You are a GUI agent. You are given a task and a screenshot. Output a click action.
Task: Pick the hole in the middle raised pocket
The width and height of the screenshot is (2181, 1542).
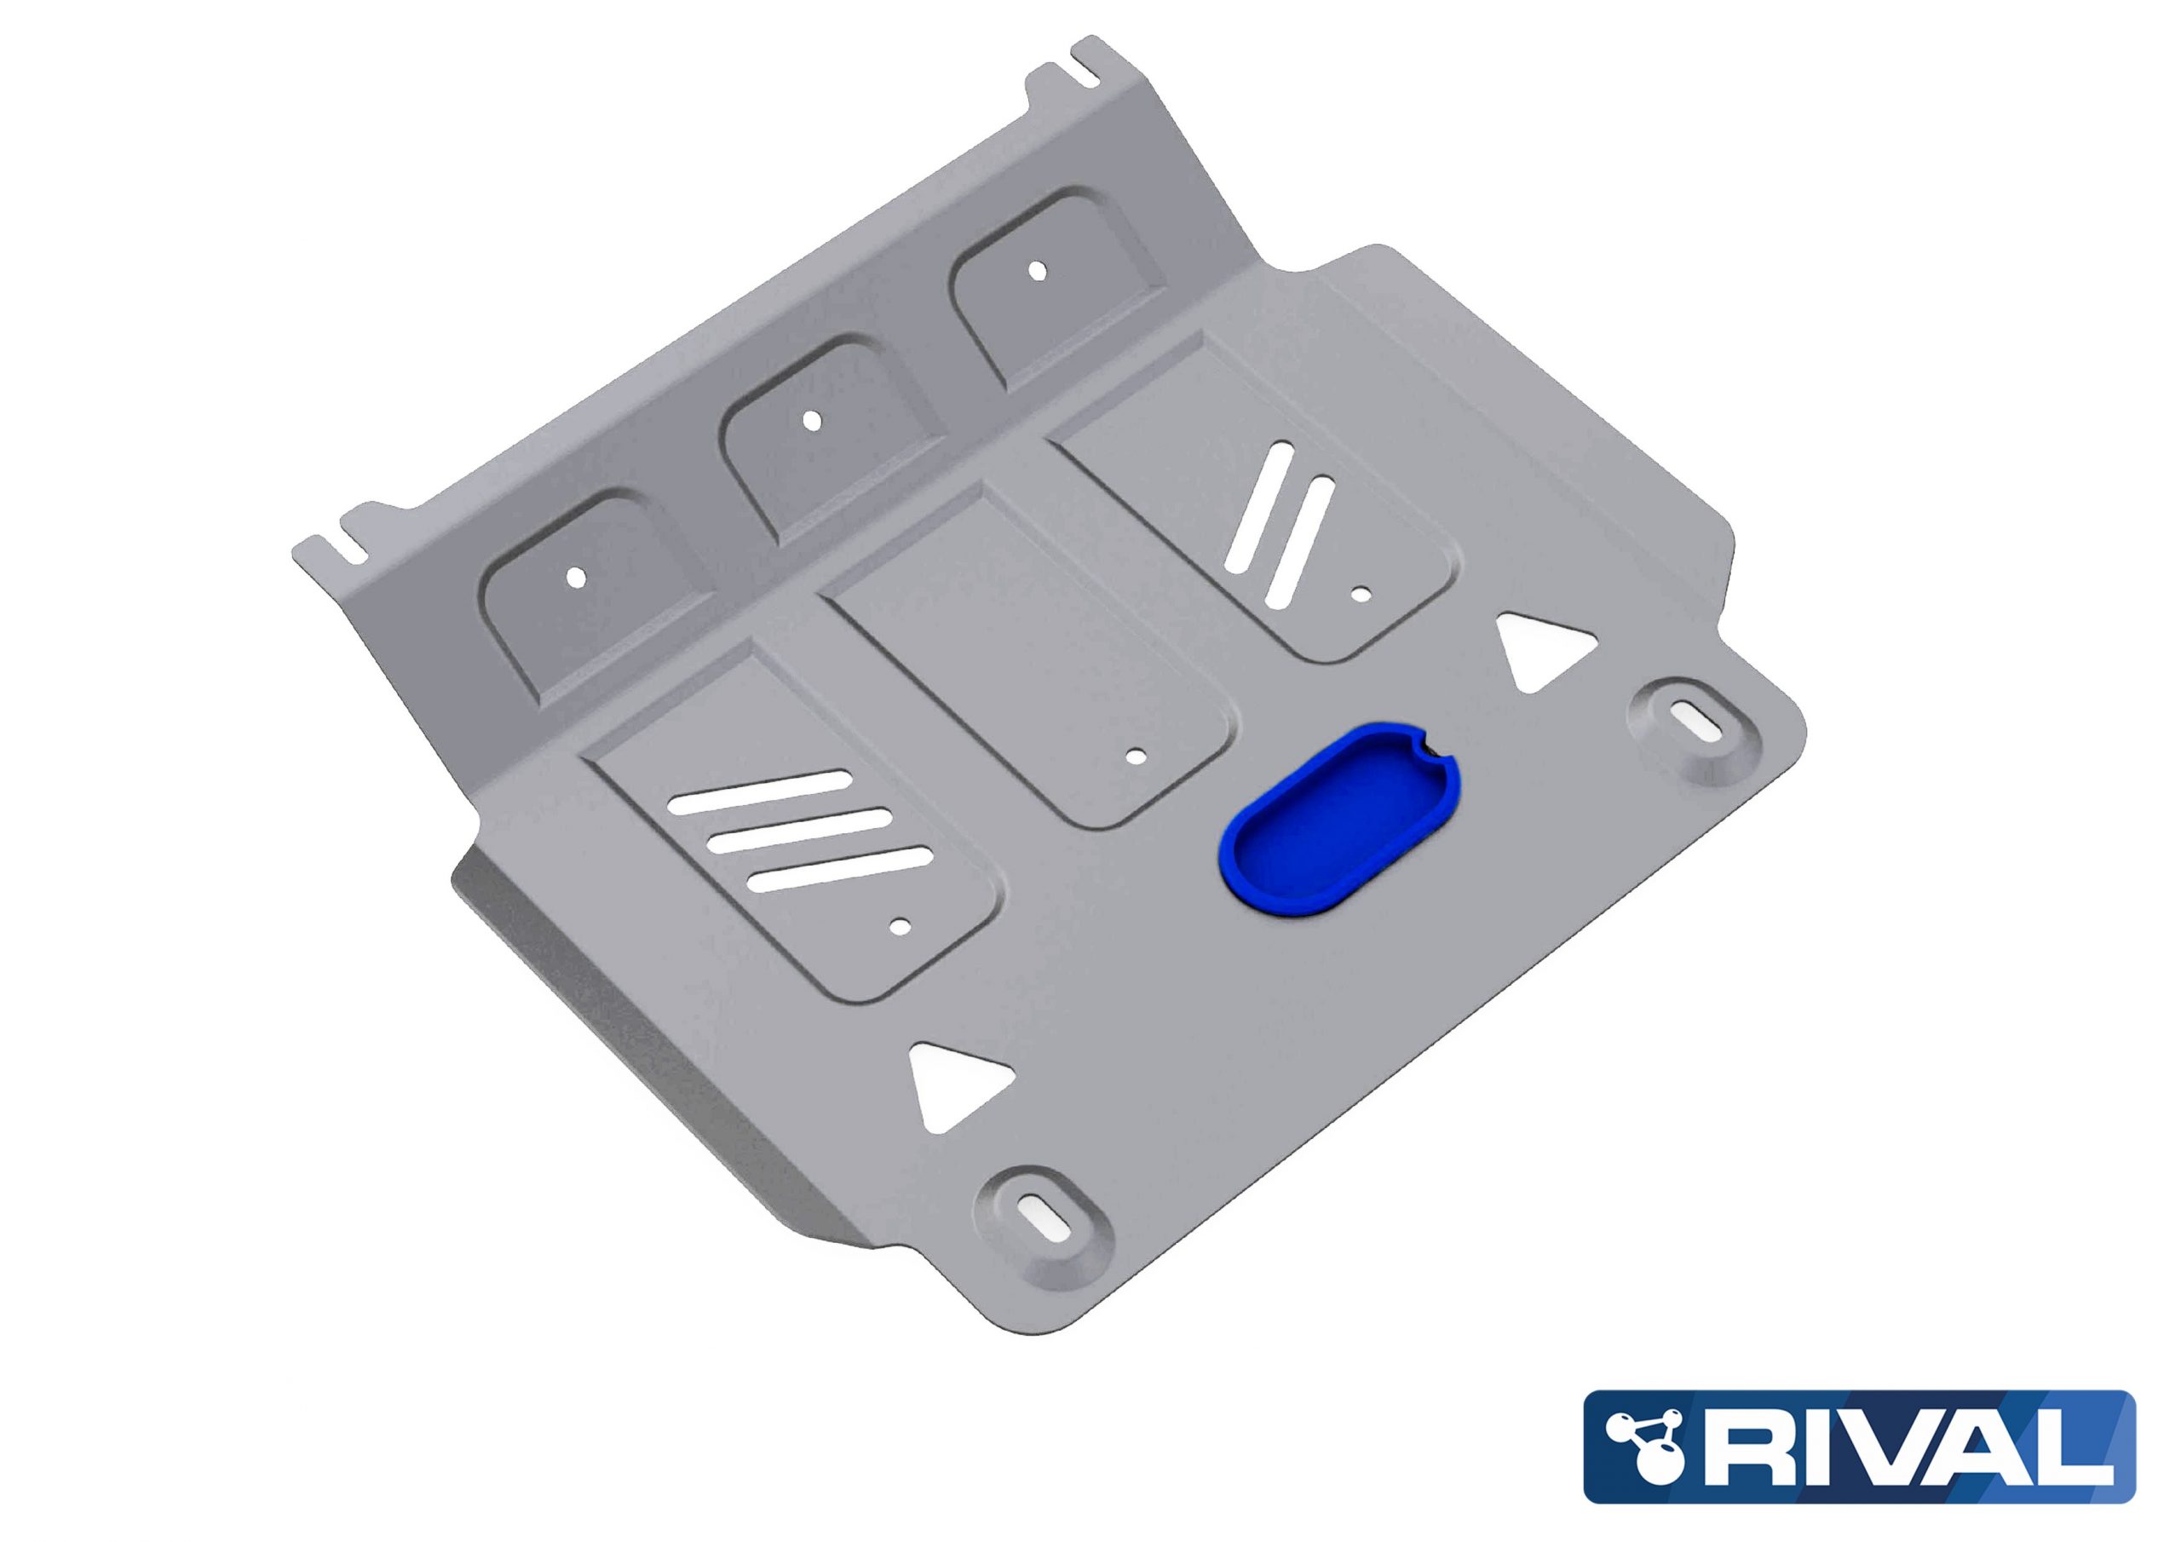[x=810, y=419]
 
